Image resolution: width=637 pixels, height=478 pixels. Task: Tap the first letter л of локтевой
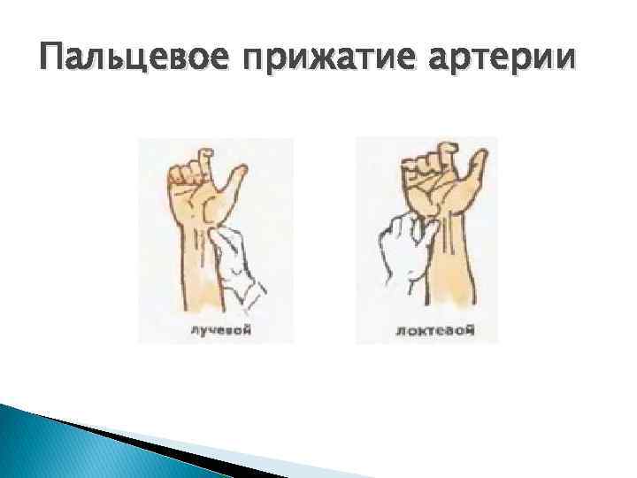pos(403,333)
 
